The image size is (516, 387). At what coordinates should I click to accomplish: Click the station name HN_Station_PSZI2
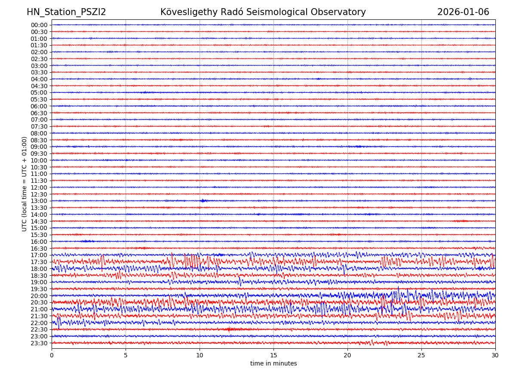(66, 12)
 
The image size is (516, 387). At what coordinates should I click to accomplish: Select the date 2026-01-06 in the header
(463, 12)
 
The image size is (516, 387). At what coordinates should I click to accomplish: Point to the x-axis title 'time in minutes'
(273, 363)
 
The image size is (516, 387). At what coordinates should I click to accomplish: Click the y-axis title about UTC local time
(25, 184)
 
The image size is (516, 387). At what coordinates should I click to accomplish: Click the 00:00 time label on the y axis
(39, 25)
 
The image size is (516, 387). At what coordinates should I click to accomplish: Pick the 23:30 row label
(39, 343)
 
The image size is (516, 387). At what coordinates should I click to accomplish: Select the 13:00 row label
(39, 201)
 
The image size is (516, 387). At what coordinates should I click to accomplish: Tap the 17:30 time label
(39, 262)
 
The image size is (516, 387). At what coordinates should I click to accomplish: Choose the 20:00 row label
(39, 296)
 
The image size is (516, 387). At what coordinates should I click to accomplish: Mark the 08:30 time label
(39, 140)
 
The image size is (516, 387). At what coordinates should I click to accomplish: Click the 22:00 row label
(39, 323)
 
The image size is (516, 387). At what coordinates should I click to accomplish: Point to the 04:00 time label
(39, 79)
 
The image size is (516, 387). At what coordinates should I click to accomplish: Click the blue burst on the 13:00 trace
(203, 201)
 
